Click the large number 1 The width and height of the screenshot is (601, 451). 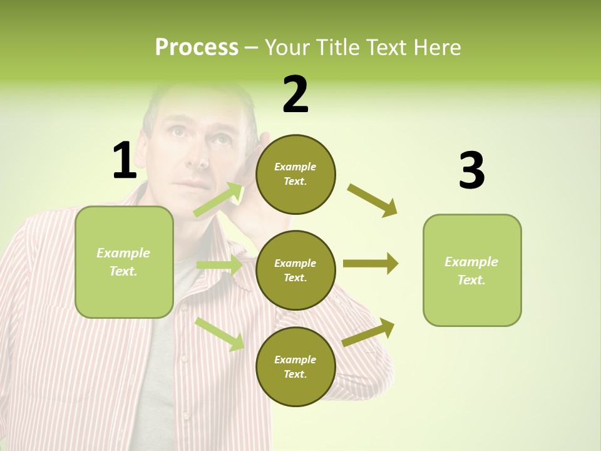click(125, 160)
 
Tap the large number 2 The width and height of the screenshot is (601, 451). click(295, 95)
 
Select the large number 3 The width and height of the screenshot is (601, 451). click(471, 171)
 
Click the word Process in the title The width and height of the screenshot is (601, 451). click(197, 47)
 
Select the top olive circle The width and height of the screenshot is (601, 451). click(295, 174)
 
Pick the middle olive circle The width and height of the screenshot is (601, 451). click(295, 270)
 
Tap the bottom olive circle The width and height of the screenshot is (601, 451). click(295, 366)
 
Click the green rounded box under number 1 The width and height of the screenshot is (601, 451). click(124, 262)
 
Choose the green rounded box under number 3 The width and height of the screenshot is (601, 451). click(472, 270)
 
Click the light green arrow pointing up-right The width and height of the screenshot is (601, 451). click(219, 199)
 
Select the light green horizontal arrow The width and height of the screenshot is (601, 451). click(219, 265)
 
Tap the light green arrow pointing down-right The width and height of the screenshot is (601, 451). click(220, 334)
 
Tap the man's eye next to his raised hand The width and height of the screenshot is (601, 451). click(221, 139)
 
